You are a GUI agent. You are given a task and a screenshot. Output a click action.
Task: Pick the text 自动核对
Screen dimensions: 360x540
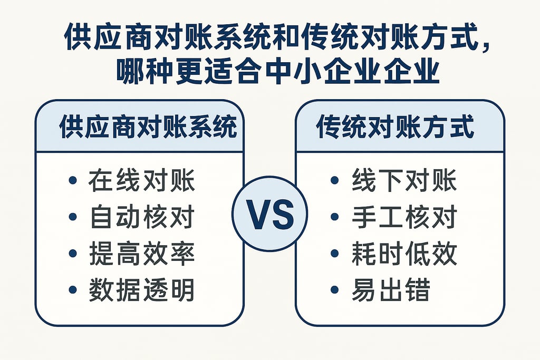142,218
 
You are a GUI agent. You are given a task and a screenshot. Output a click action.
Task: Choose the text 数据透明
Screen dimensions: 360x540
142,290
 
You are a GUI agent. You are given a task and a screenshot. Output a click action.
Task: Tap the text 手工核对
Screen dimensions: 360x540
404,218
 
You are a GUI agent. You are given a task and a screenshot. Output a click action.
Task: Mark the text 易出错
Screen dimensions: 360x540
391,290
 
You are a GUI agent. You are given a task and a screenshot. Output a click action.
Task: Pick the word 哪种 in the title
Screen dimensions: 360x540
139,72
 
